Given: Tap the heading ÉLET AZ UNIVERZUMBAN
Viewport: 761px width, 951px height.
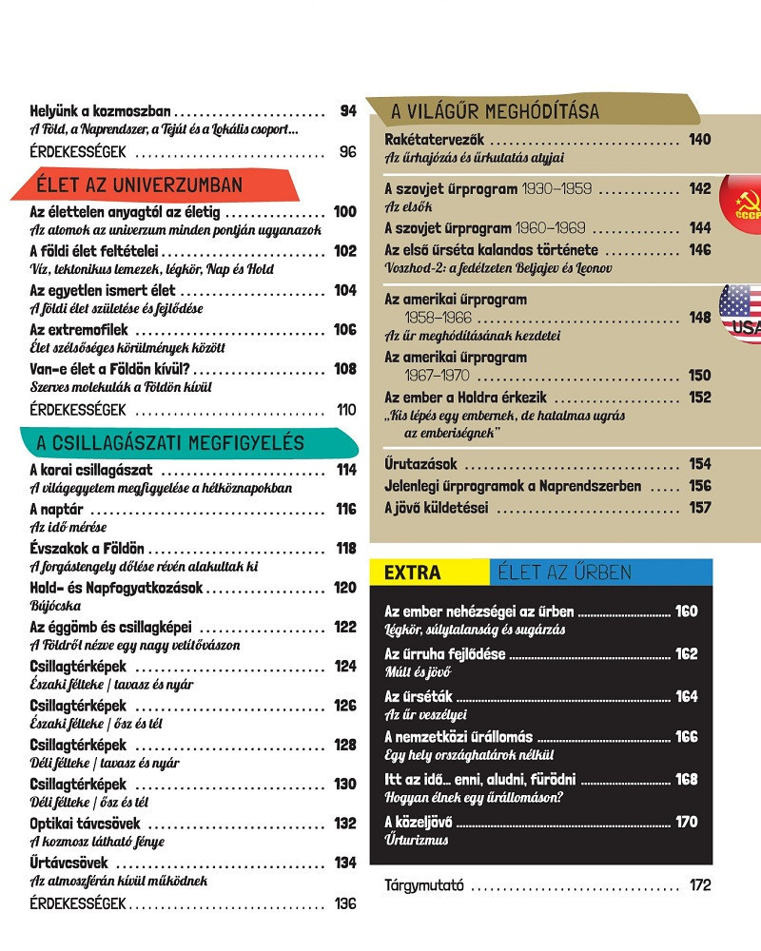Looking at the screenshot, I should (139, 184).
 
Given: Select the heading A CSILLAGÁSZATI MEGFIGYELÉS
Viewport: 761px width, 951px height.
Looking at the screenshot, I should (170, 443).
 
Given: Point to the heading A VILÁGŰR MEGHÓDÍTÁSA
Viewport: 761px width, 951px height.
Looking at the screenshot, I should (495, 111).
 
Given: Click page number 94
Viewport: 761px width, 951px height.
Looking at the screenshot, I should (347, 111).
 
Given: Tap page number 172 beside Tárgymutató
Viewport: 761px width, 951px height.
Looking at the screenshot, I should (700, 885).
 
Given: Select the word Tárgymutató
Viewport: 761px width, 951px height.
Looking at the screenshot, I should (424, 885).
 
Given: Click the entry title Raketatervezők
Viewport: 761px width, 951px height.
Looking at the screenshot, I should (435, 140).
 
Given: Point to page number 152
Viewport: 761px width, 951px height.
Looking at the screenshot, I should (700, 398).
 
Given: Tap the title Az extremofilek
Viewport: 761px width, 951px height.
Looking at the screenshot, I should (79, 329).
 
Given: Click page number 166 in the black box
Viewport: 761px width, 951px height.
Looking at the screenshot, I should (686, 737).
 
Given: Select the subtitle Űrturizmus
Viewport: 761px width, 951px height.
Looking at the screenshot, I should (417, 840).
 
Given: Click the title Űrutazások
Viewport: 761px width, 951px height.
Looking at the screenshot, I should (420, 464).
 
